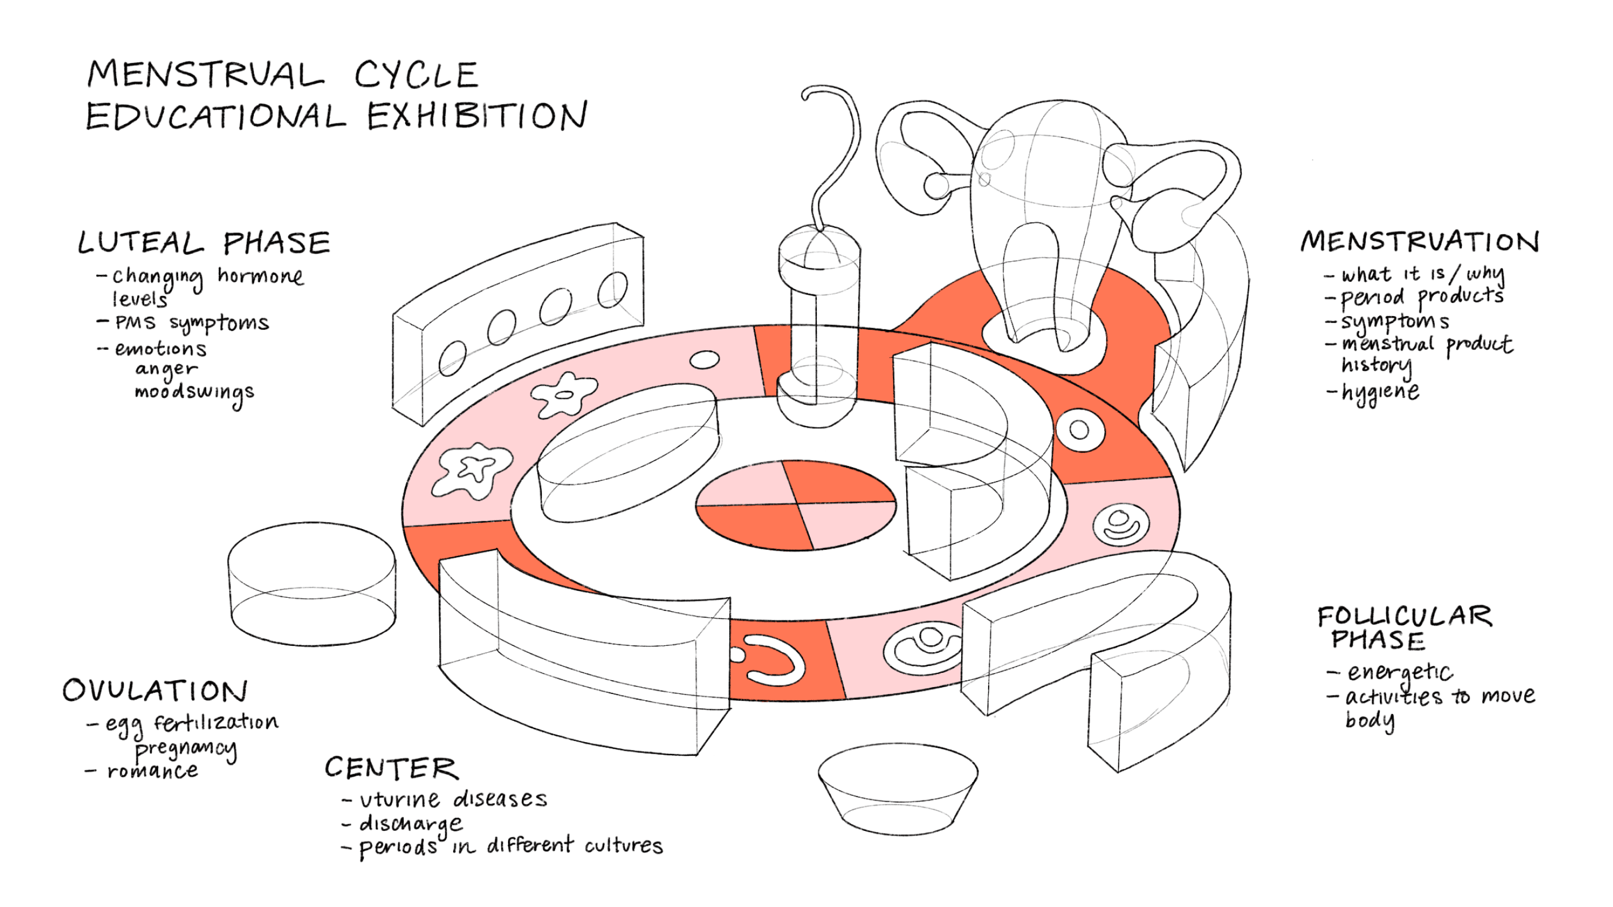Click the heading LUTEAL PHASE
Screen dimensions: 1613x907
pyautogui.click(x=203, y=243)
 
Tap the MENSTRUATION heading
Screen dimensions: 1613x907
pyautogui.click(x=1419, y=242)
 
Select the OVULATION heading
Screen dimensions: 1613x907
pyautogui.click(x=155, y=691)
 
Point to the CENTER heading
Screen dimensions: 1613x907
pyautogui.click(x=391, y=768)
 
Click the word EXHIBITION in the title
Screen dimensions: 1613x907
pyautogui.click(x=477, y=116)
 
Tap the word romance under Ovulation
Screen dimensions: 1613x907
pyautogui.click(x=152, y=771)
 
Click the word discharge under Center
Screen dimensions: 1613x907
pyautogui.click(x=411, y=825)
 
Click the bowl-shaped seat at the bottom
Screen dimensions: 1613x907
pyautogui.click(x=898, y=791)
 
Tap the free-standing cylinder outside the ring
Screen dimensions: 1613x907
pyautogui.click(x=311, y=583)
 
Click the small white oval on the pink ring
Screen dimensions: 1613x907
pyautogui.click(x=704, y=360)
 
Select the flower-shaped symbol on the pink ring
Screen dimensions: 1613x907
pyautogui.click(x=564, y=395)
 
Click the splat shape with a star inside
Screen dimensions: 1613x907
pyautogui.click(x=474, y=469)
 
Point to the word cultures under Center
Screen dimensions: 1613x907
pyautogui.click(x=623, y=846)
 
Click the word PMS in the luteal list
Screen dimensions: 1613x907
pyautogui.click(x=135, y=323)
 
